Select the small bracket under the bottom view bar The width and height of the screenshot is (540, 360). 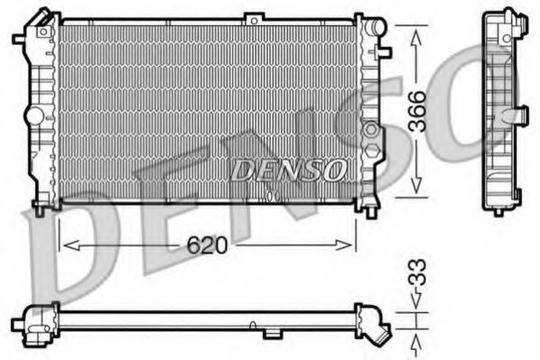272,334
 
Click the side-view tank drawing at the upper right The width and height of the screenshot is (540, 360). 504,113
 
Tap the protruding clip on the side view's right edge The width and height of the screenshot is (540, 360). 520,114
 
